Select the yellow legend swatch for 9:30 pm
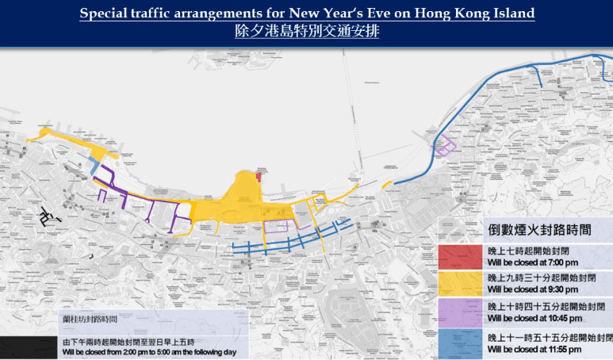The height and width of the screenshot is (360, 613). [x=460, y=283]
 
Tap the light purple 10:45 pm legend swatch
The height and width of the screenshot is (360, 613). [x=460, y=312]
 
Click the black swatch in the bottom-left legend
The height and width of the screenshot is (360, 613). [x=28, y=347]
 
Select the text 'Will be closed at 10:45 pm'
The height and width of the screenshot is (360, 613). [x=538, y=318]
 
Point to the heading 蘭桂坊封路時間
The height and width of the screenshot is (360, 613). [x=90, y=320]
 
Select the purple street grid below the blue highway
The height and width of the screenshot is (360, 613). [x=446, y=146]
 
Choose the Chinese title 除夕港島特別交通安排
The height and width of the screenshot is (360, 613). [x=307, y=33]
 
